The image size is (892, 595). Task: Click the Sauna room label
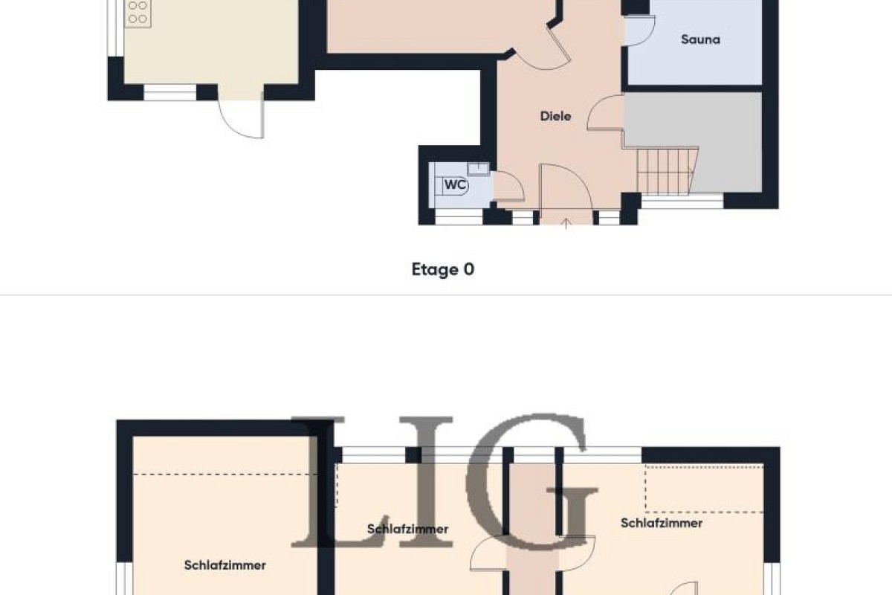700,39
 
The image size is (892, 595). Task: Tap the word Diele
555,116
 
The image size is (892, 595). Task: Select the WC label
455,184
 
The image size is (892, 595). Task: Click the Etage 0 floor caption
443,269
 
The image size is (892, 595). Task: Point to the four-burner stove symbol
138,13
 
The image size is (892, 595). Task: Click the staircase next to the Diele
668,171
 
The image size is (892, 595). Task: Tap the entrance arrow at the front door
566,224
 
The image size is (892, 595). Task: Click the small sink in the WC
478,169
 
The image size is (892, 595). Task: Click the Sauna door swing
639,30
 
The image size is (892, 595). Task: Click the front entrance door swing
566,187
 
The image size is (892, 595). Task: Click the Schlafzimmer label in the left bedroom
225,565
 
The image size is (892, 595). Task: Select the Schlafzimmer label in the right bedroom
662,523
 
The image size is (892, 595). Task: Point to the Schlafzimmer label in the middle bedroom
408,530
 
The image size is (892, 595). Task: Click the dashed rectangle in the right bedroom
704,489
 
